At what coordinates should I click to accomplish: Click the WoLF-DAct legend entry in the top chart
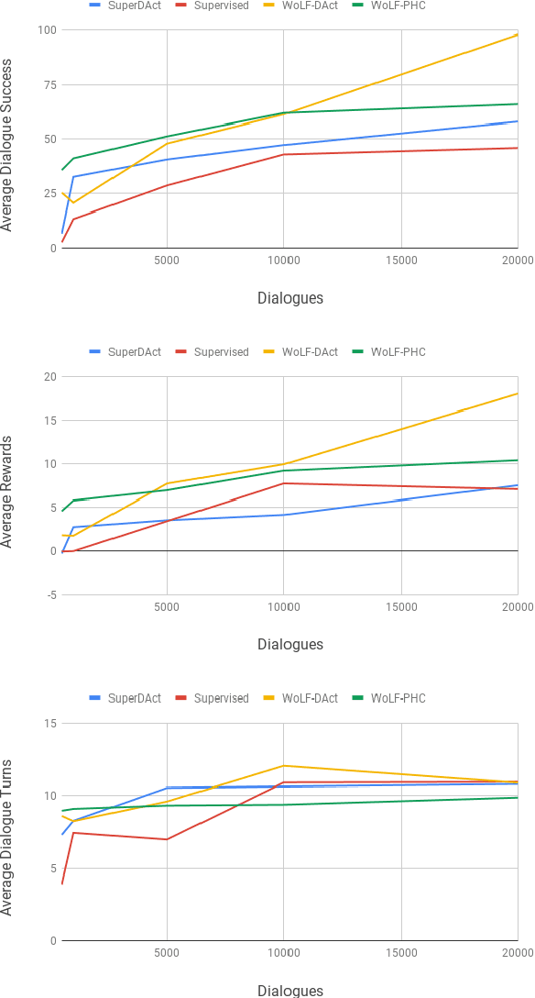click(x=310, y=6)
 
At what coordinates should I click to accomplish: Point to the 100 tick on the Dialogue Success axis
click(x=47, y=30)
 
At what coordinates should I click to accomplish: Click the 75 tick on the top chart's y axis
click(x=49, y=85)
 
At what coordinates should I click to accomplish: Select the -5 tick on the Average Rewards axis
click(x=51, y=594)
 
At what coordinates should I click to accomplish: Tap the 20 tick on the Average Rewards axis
click(x=49, y=377)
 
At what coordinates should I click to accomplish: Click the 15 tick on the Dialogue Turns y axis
click(x=49, y=724)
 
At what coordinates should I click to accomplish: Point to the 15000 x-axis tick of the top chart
click(x=400, y=261)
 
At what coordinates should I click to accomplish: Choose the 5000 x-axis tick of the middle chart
click(x=167, y=607)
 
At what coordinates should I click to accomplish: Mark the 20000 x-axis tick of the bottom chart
click(x=518, y=954)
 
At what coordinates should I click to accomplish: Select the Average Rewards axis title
click(x=8, y=486)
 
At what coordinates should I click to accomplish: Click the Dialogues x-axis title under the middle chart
click(x=290, y=644)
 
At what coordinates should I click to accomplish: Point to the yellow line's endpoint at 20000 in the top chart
click(x=518, y=35)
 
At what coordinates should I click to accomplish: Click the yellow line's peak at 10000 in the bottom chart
click(x=284, y=765)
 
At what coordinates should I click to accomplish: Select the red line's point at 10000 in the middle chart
click(x=284, y=483)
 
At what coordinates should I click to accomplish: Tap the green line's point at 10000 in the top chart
click(x=284, y=113)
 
